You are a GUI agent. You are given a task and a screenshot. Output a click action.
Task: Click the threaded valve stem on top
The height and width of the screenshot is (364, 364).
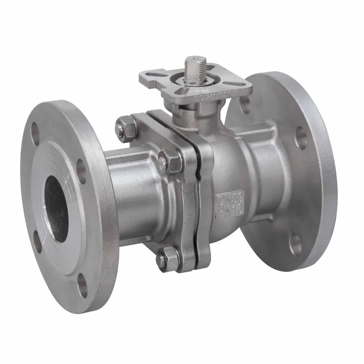pyautogui.click(x=194, y=68)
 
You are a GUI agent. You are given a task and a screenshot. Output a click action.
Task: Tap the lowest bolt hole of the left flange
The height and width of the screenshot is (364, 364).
pyautogui.click(x=83, y=288)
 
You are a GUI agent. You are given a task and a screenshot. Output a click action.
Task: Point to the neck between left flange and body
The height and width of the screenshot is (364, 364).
pyautogui.click(x=132, y=191)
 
